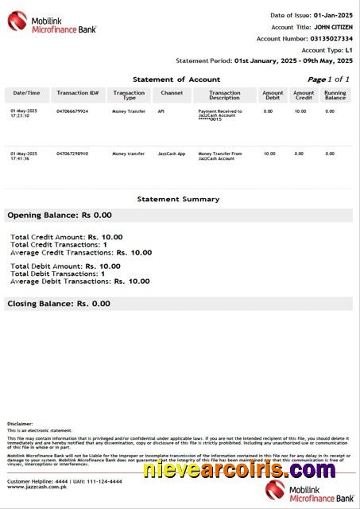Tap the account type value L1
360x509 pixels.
click(x=349, y=49)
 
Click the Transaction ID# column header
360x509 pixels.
click(x=77, y=93)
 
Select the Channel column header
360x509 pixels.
click(x=171, y=93)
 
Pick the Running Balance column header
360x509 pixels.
click(x=335, y=95)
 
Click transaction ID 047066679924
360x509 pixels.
click(x=72, y=111)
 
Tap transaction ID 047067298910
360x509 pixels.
click(x=72, y=153)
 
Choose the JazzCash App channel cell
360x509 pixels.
click(x=171, y=153)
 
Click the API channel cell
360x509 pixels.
click(x=161, y=111)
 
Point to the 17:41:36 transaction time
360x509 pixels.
click(x=21, y=159)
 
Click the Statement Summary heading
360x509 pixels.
click(x=178, y=199)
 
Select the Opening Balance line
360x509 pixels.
click(x=60, y=215)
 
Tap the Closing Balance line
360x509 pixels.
click(x=59, y=304)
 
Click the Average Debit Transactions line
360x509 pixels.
click(x=79, y=281)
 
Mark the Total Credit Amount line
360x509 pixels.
click(x=66, y=236)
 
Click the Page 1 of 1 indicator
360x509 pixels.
click(x=328, y=80)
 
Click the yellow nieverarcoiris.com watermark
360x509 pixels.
click(x=224, y=469)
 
